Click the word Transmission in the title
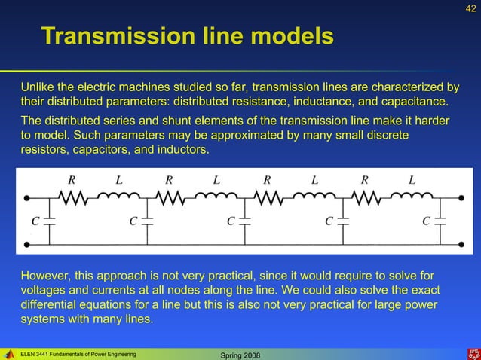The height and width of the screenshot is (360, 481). click(113, 35)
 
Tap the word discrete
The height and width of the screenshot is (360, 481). click(386, 136)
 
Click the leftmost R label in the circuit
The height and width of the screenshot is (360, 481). click(72, 180)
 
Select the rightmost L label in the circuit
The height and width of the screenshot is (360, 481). click(412, 180)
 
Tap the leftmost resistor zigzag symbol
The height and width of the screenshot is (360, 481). click(73, 197)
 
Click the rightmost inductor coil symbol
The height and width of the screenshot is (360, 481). click(411, 197)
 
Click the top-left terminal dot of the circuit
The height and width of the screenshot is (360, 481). click(27, 198)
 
